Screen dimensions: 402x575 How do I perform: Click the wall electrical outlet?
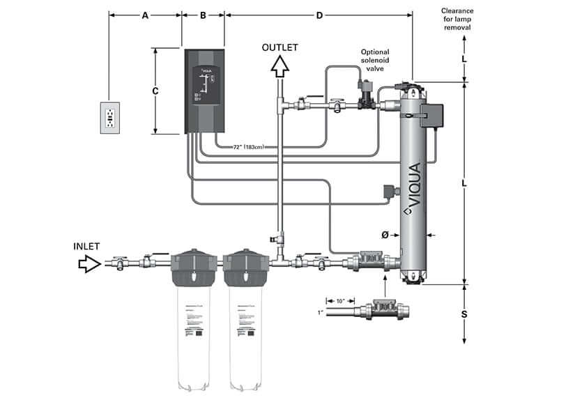point(110,117)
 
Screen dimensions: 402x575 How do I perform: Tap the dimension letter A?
point(145,15)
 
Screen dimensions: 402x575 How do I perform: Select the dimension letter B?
point(203,15)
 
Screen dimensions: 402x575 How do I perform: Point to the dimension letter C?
point(156,91)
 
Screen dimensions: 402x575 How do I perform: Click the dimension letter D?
point(319,15)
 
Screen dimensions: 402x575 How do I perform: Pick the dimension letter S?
point(464,314)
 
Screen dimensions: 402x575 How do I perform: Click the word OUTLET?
point(279,47)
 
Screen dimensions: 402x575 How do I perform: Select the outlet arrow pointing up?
point(279,66)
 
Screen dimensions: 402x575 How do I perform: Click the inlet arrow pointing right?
point(89,263)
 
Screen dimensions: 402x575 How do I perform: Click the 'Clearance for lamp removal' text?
point(457,19)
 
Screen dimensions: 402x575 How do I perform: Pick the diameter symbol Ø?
point(385,235)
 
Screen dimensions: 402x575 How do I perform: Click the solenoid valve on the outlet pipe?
point(365,97)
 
